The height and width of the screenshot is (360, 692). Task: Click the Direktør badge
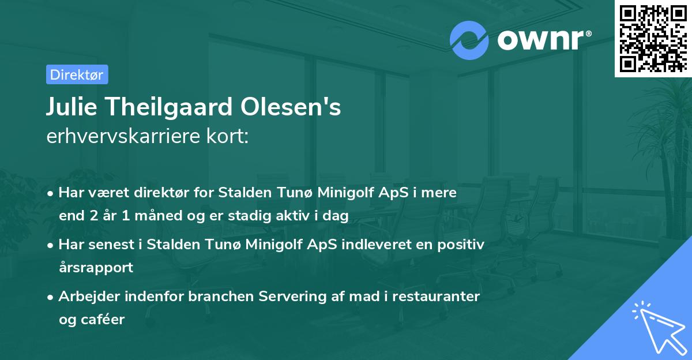[x=77, y=74]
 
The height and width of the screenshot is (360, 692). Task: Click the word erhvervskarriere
[x=118, y=137]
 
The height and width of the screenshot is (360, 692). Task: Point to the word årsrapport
[x=96, y=267]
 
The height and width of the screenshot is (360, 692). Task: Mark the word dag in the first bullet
[x=337, y=216]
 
